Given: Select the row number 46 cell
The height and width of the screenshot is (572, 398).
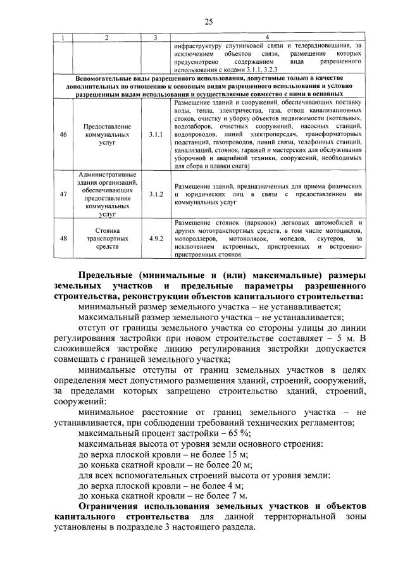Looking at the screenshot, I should tap(63, 135).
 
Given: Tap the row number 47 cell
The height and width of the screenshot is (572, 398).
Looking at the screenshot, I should tap(63, 195).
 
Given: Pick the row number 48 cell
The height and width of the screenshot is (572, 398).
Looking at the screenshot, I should tap(63, 239).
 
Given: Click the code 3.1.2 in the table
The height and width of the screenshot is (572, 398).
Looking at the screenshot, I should tap(156, 195).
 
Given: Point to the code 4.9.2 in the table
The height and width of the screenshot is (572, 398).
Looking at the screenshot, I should tap(156, 239).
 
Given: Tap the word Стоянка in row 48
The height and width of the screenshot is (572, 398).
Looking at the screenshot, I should tap(107, 231).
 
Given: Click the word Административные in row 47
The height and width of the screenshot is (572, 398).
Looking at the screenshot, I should tap(107, 174).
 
